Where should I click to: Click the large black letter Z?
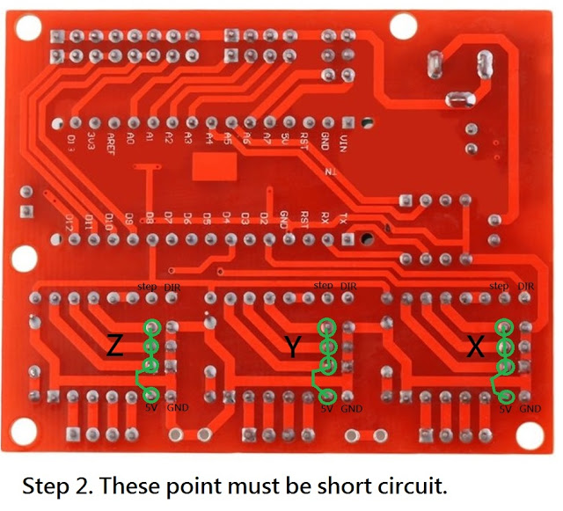pyautogui.click(x=114, y=347)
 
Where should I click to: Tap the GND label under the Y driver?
pyautogui.click(x=352, y=409)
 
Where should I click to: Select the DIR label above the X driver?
pyautogui.click(x=526, y=287)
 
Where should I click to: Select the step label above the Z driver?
pyautogui.click(x=147, y=287)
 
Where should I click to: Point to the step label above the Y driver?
pyautogui.click(x=323, y=287)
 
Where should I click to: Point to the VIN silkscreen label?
pyautogui.click(x=344, y=141)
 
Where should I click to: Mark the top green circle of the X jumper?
pyautogui.click(x=504, y=326)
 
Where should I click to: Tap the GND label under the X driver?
pyautogui.click(x=530, y=409)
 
